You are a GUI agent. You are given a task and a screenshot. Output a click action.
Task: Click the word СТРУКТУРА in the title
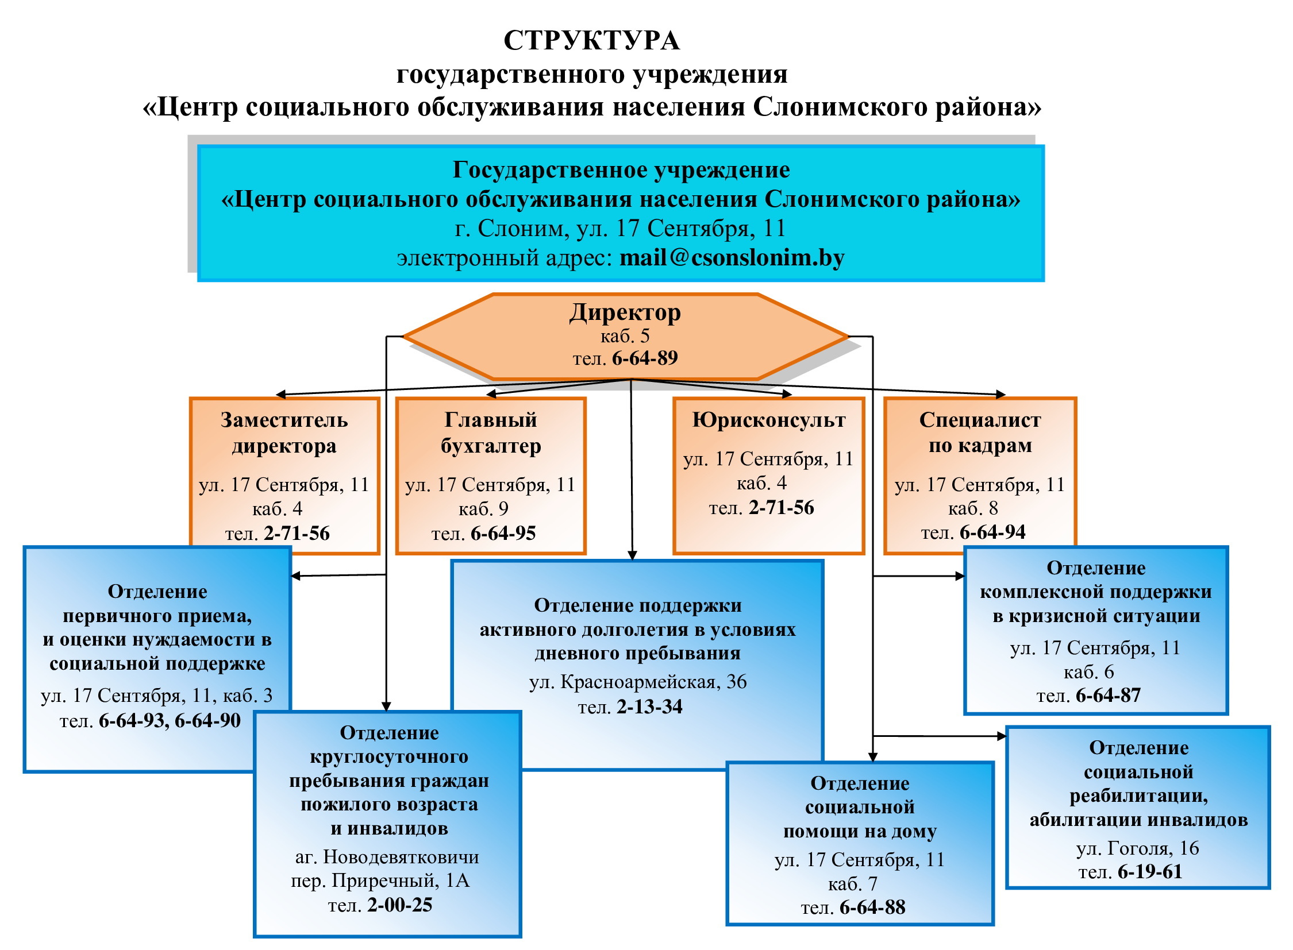click(x=591, y=41)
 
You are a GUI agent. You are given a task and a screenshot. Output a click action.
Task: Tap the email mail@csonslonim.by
click(x=732, y=258)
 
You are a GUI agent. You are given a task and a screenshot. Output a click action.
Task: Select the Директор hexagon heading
click(x=625, y=312)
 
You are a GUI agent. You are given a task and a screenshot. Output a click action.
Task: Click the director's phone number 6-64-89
click(x=645, y=358)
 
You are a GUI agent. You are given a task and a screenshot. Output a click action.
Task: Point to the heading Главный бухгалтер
click(x=491, y=432)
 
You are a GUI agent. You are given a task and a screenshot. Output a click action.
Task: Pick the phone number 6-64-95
click(x=503, y=533)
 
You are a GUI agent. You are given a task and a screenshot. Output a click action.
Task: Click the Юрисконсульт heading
click(x=769, y=420)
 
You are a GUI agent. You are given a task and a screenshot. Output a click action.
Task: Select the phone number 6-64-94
click(x=992, y=532)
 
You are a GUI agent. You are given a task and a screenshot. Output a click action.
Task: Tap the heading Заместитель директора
click(x=284, y=432)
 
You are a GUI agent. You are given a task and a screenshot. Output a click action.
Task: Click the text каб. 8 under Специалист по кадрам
click(x=973, y=508)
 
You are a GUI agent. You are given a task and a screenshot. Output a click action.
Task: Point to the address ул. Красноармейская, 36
click(x=637, y=682)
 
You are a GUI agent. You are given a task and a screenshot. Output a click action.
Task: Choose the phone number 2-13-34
click(x=650, y=706)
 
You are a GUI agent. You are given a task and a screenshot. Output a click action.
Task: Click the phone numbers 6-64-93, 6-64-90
click(x=170, y=721)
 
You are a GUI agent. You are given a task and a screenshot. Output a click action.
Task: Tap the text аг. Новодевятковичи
click(x=387, y=857)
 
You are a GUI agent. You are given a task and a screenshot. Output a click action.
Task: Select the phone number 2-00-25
click(x=400, y=905)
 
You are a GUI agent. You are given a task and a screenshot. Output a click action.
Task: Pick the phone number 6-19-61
click(x=1150, y=872)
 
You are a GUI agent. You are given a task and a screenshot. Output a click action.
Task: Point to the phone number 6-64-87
click(x=1109, y=695)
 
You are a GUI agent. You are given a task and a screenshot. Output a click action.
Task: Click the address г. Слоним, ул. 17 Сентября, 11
click(x=620, y=228)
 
